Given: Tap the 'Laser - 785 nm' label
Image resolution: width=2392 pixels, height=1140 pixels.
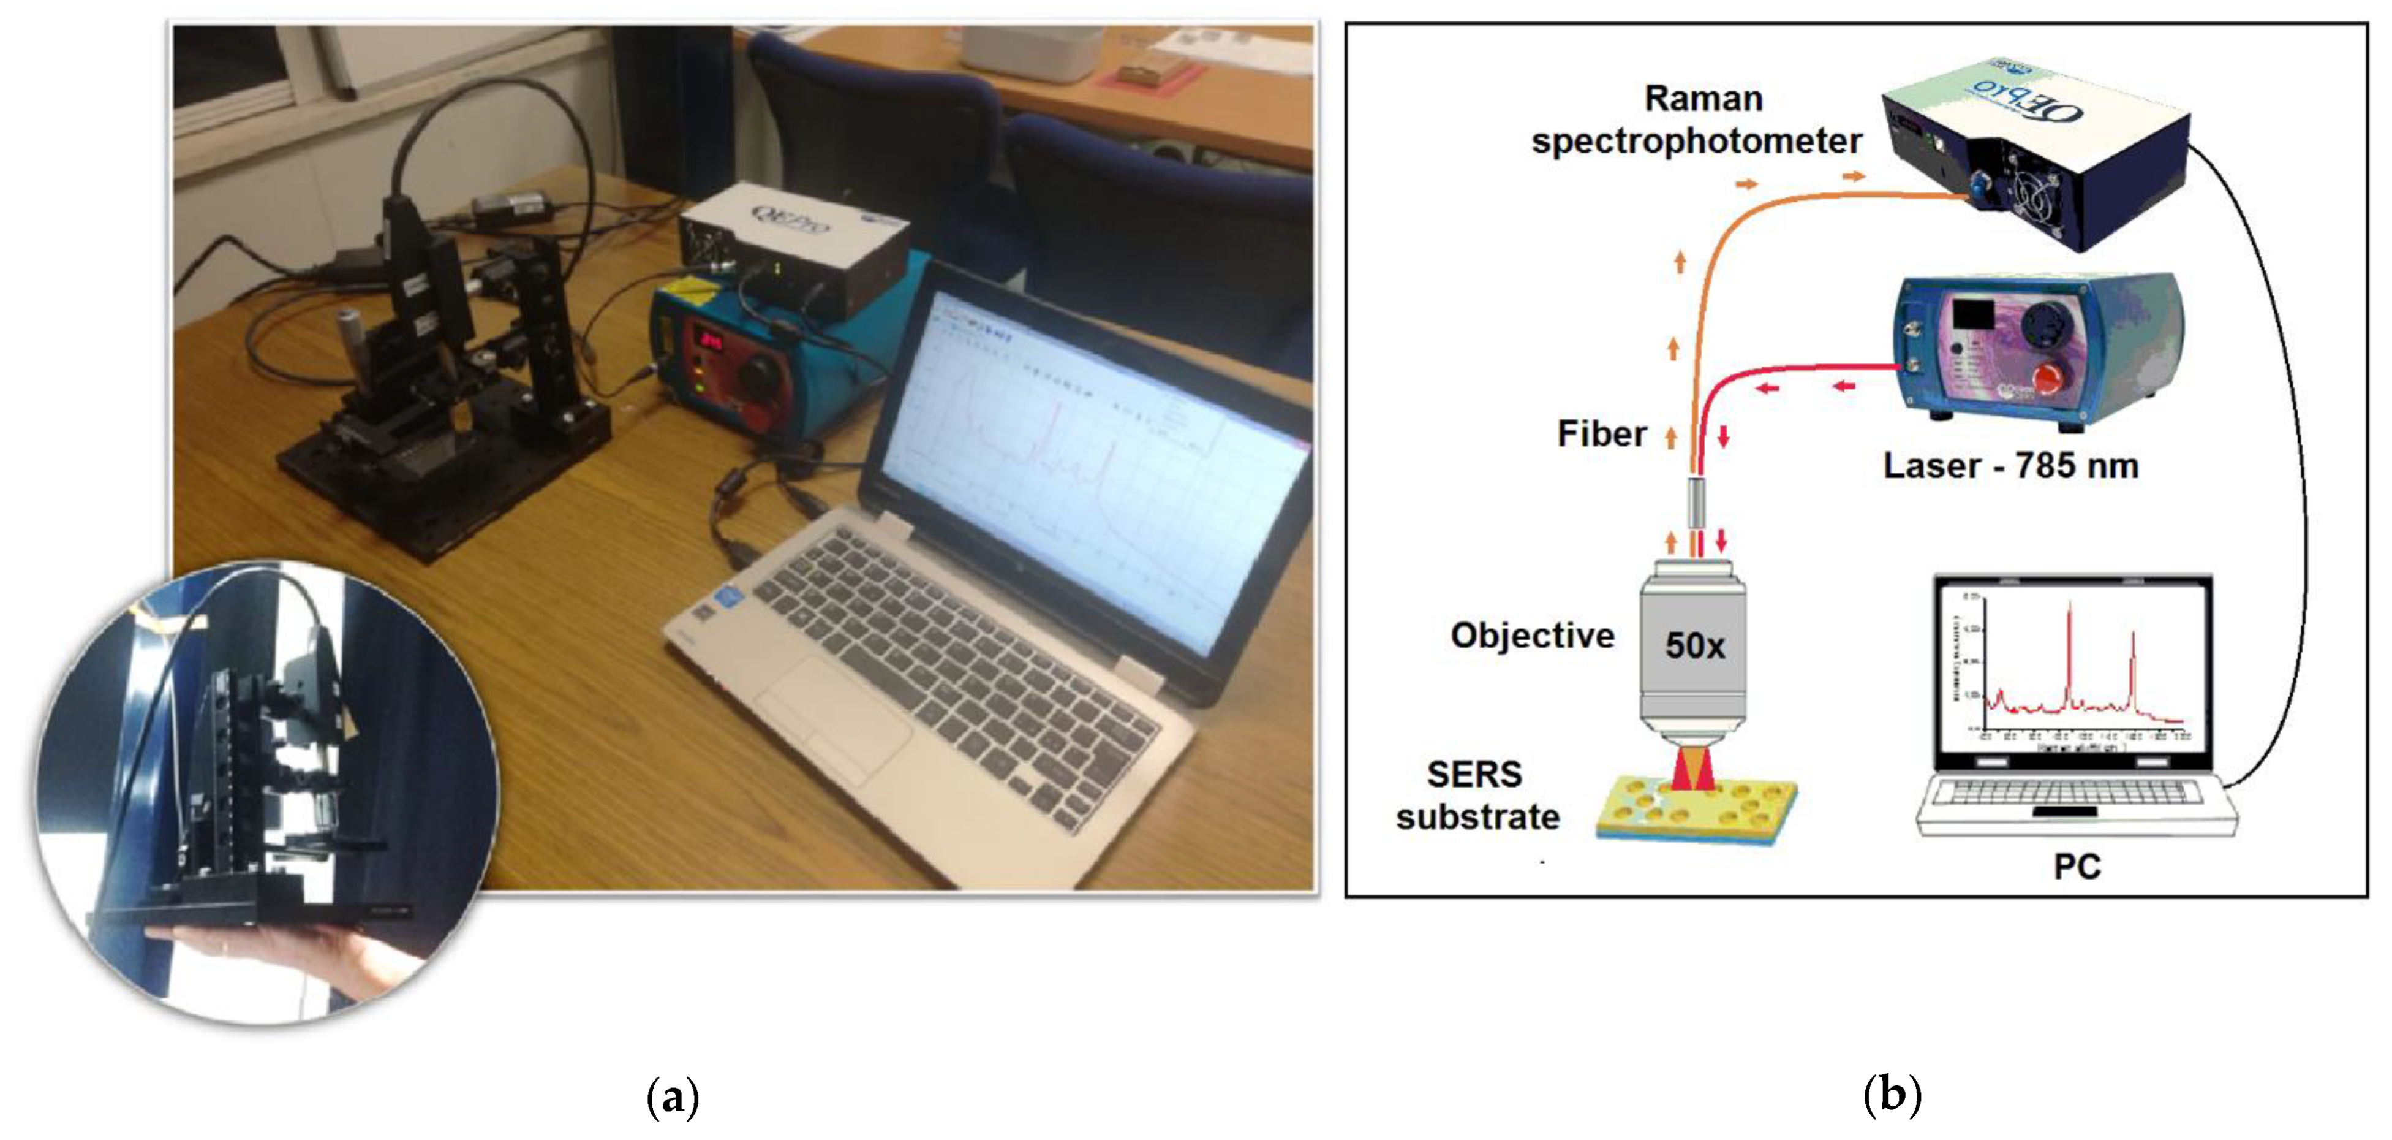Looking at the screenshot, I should (x=2010, y=465).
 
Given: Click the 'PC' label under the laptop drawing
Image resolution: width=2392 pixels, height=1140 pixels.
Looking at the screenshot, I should (x=2077, y=867).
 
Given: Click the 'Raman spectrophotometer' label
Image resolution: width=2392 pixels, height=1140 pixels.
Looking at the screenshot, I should (x=1697, y=120).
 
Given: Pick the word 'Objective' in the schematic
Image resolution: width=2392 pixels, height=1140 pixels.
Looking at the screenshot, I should (x=1532, y=636).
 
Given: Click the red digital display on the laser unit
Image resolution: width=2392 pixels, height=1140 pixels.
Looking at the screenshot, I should (x=711, y=341).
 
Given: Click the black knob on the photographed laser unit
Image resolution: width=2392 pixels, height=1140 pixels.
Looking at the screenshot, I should (x=760, y=371).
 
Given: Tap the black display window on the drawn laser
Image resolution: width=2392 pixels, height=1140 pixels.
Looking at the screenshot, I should (x=1973, y=313).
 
